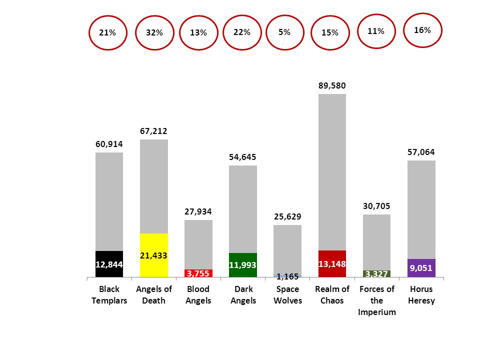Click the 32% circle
click(x=154, y=32)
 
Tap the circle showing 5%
click(x=284, y=32)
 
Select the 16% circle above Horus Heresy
click(x=422, y=30)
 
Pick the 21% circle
click(x=107, y=32)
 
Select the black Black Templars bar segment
click(x=109, y=264)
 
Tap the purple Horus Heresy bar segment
click(x=421, y=268)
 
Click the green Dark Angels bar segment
click(x=243, y=265)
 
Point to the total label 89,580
click(x=332, y=85)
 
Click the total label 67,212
click(x=153, y=131)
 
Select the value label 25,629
click(x=287, y=216)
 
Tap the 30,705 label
click(x=376, y=206)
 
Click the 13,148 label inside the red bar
click(x=332, y=263)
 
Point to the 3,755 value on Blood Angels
click(x=198, y=273)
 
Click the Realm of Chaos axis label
click(x=332, y=294)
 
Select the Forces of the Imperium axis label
click(x=376, y=300)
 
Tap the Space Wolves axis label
click(x=287, y=294)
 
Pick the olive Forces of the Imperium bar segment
click(x=376, y=274)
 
